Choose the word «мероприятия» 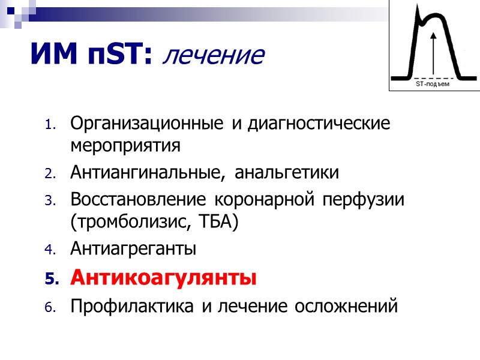click(x=125, y=146)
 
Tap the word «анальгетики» click(x=287, y=173)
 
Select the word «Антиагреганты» click(x=133, y=248)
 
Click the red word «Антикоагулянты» click(x=163, y=278)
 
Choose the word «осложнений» click(x=345, y=307)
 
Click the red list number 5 click(x=50, y=280)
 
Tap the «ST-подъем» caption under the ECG click(x=433, y=85)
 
